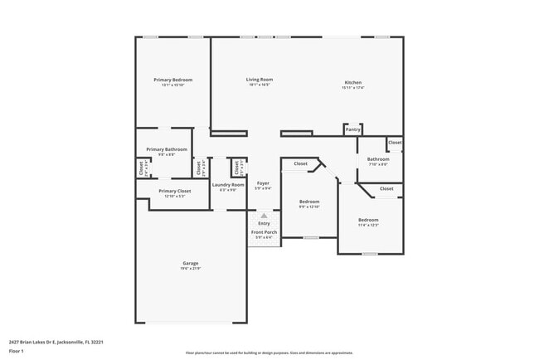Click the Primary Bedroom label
[172, 80]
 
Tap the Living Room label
[260, 80]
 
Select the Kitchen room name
[353, 82]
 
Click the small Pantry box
[353, 129]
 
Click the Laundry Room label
[228, 184]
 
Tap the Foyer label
[263, 182]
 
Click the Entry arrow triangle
[265, 216]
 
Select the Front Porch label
[265, 232]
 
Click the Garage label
[191, 264]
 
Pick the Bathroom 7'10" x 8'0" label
[378, 159]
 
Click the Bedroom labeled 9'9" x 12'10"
[309, 202]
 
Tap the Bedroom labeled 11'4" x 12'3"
[368, 220]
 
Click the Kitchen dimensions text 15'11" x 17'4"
[353, 87]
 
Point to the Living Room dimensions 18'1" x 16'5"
[260, 85]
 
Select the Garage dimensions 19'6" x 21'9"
[191, 269]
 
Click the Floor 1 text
[17, 352]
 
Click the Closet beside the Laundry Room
[238, 168]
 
